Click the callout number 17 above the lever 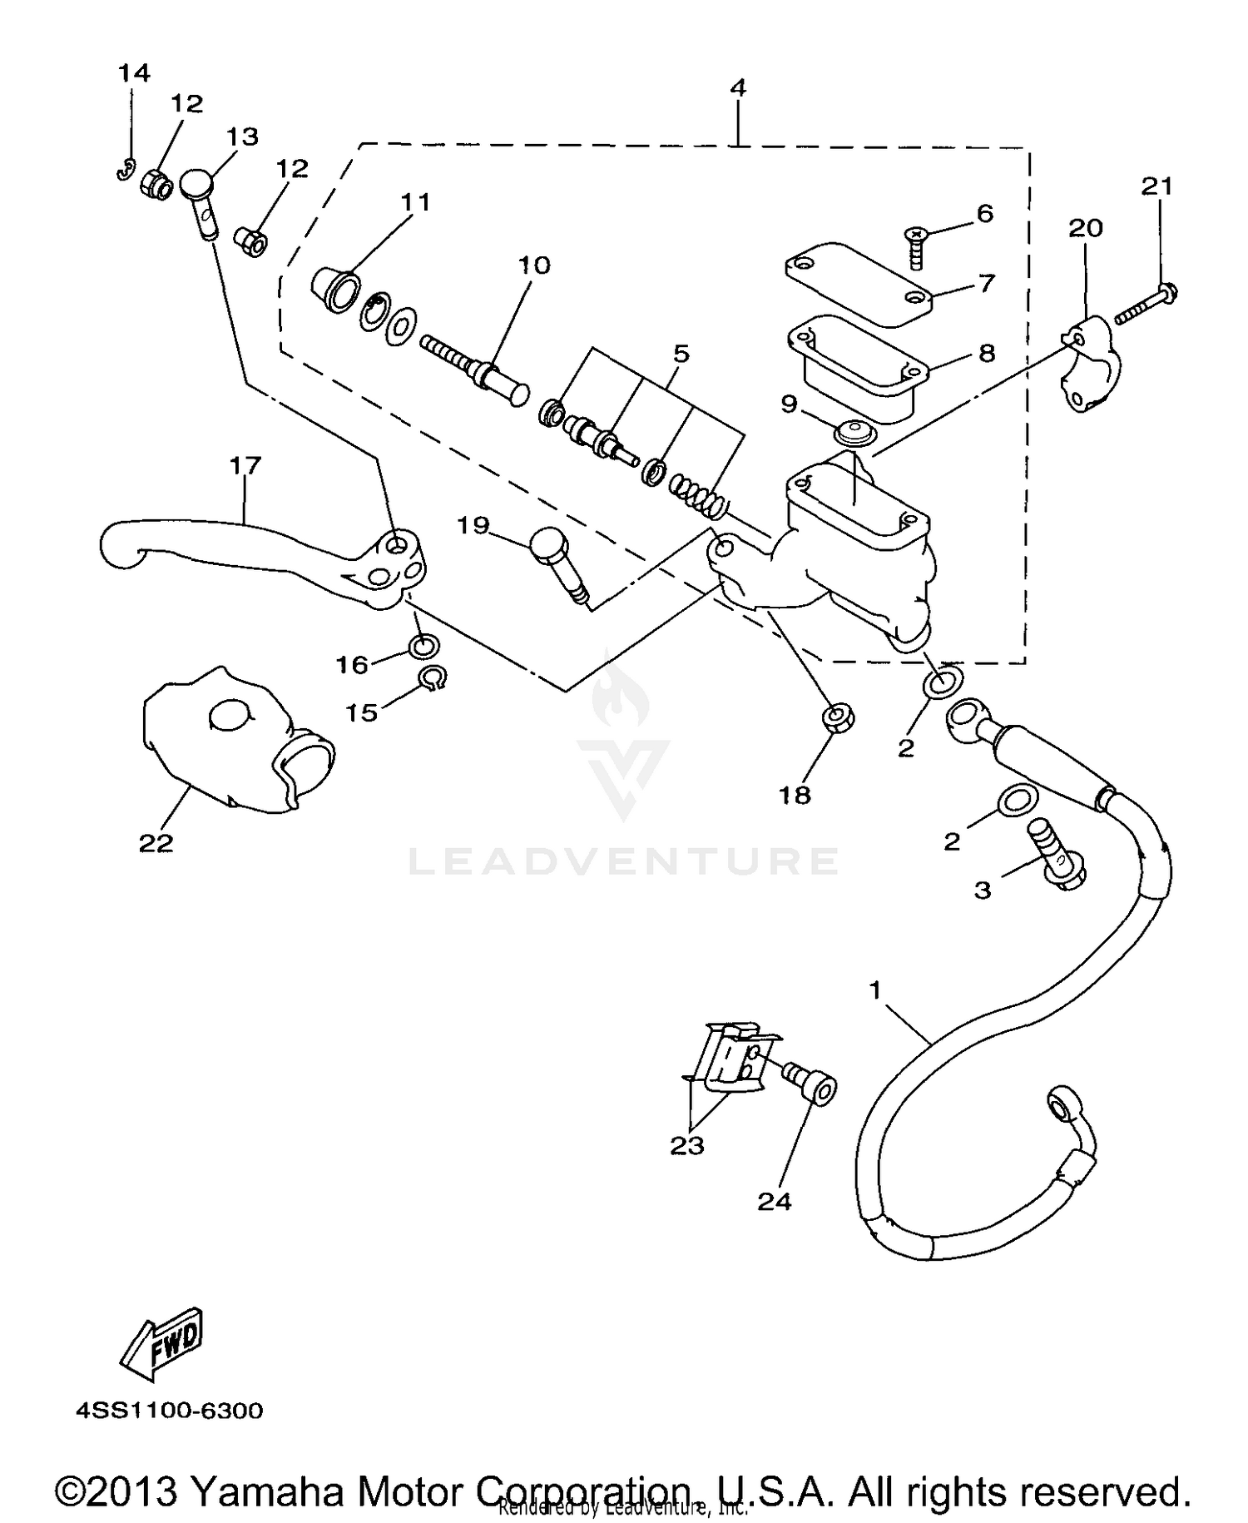(245, 465)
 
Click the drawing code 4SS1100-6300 (170, 1411)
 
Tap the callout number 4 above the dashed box (737, 87)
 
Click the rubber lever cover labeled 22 (233, 741)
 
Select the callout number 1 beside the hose (874, 990)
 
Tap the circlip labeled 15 (433, 679)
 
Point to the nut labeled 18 (839, 717)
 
